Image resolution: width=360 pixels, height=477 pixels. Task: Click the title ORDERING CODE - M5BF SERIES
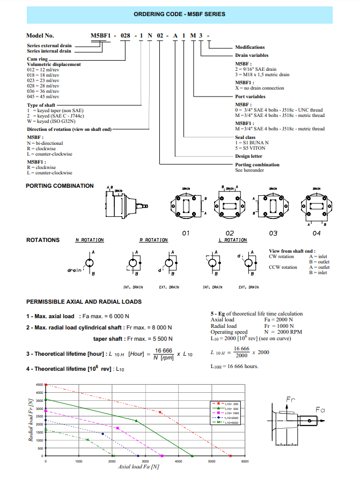180,14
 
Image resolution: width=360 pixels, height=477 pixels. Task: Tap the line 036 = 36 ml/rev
43,91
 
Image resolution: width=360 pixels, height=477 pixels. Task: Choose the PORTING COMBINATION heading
60,186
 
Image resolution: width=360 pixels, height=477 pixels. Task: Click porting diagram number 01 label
186,233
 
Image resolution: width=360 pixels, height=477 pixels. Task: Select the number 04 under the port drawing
317,233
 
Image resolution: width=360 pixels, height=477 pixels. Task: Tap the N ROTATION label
89,240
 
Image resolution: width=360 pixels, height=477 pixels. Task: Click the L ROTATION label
232,240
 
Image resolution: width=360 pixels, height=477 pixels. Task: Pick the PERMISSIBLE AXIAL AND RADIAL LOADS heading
84,302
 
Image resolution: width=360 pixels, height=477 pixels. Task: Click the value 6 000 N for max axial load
120,317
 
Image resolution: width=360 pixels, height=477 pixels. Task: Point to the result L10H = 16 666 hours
234,366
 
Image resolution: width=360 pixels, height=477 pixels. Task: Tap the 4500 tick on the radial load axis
39,385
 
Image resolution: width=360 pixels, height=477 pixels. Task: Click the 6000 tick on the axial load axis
245,461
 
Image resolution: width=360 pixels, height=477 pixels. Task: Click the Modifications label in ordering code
250,47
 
